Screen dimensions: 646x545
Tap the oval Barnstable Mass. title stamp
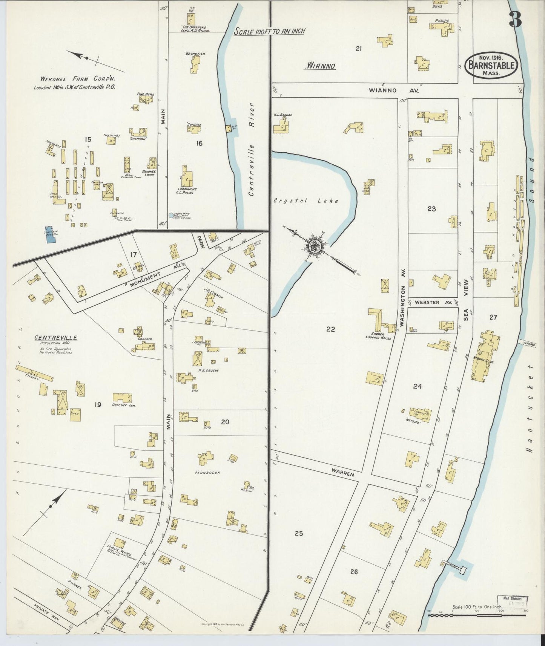(491, 65)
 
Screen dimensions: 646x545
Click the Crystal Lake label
(306, 201)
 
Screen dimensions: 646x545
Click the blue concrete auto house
(49, 235)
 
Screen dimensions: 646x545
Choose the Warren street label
(343, 472)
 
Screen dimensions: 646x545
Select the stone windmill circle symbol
(171, 215)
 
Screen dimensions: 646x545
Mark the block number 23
(431, 208)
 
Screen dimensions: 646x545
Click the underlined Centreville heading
(56, 337)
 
